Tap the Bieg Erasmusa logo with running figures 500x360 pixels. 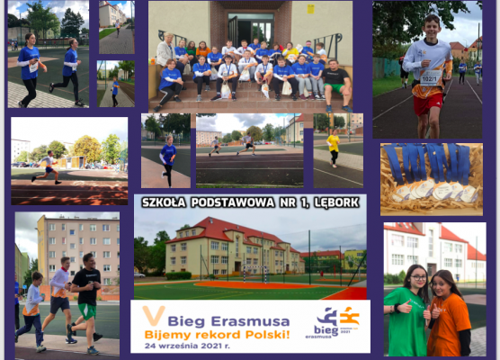point(336,321)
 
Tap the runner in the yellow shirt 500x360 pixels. point(334,147)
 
